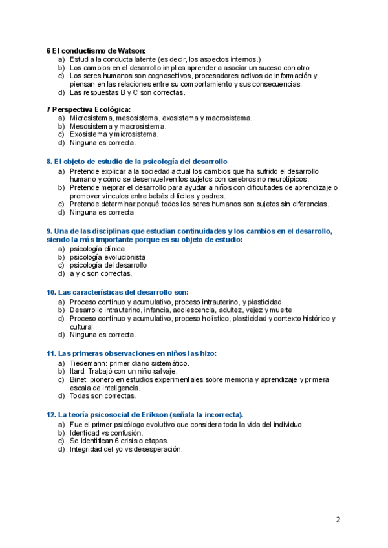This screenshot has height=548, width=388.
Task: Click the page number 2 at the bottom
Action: click(338, 519)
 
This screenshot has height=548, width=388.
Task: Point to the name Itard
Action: click(79, 372)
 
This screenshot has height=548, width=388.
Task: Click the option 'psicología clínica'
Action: click(98, 248)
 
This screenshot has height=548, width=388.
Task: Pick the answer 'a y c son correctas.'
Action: click(101, 273)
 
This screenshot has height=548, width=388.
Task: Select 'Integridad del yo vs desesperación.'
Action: click(126, 449)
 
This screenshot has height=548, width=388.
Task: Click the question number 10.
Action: click(51, 292)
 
